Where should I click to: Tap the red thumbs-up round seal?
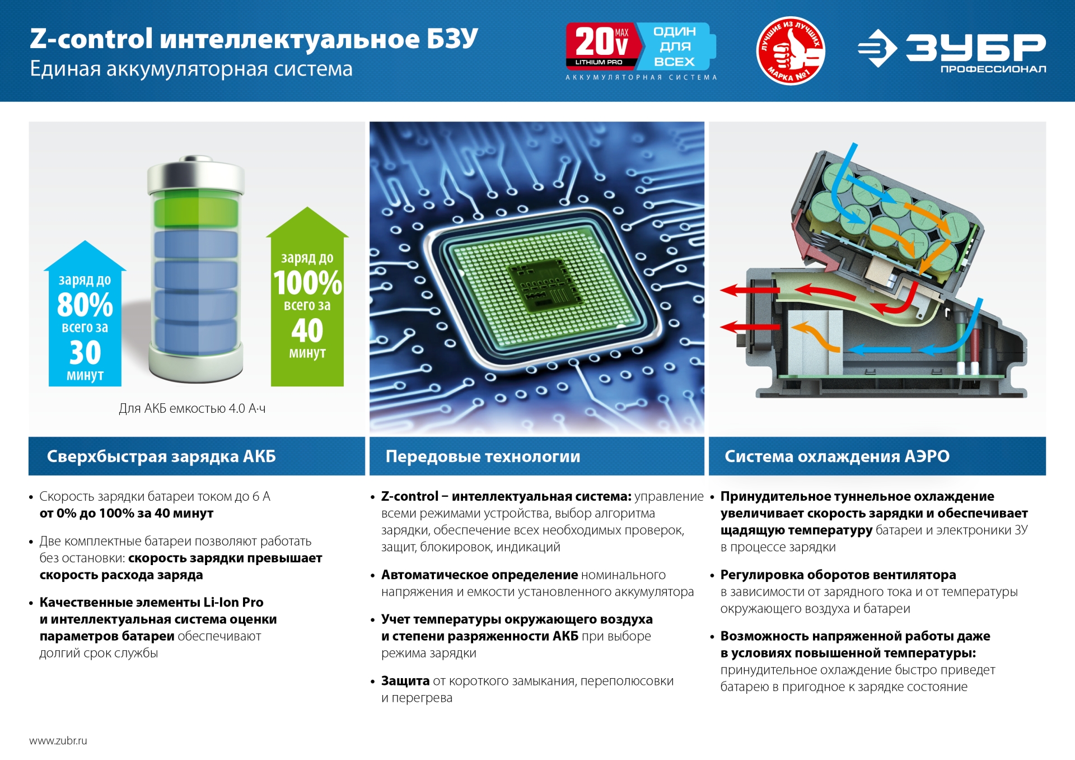(790, 50)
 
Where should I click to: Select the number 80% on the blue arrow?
(85, 305)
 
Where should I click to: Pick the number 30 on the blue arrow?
(85, 353)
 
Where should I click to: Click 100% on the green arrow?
(307, 283)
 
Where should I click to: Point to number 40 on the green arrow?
(307, 330)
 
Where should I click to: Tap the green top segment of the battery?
(195, 212)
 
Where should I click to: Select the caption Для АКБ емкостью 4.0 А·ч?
(192, 408)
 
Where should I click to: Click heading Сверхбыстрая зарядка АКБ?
(161, 456)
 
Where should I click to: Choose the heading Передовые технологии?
(483, 456)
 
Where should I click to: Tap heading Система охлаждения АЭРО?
(836, 456)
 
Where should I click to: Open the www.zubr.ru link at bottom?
(58, 740)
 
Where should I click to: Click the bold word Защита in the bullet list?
(405, 681)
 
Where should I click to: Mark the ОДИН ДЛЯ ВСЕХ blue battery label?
(674, 46)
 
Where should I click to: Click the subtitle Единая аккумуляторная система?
(191, 69)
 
